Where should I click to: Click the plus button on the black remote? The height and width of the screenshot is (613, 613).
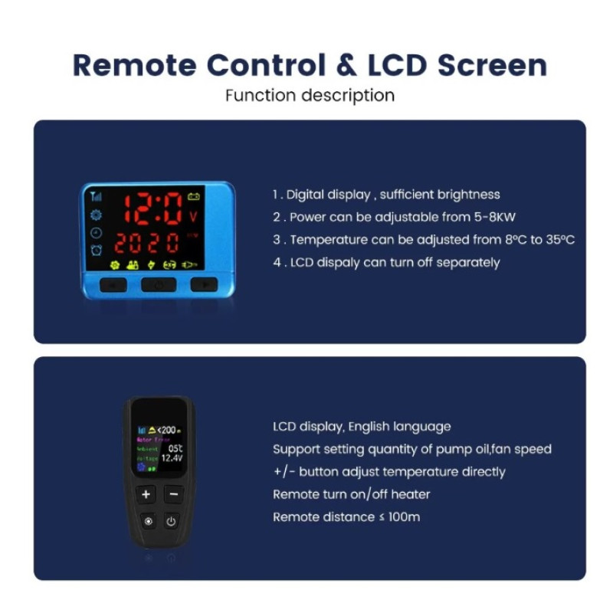tap(146, 494)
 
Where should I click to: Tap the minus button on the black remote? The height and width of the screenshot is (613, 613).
tap(173, 494)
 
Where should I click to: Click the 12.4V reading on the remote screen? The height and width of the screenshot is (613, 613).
tap(171, 457)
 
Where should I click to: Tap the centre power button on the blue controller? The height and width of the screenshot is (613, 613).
tap(159, 284)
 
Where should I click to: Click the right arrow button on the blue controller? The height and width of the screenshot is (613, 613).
tap(204, 284)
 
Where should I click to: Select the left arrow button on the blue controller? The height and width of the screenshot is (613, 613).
tap(113, 284)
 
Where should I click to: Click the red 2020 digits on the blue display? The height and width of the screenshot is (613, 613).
tap(146, 244)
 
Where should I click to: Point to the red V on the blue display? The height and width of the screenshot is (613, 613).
tap(193, 217)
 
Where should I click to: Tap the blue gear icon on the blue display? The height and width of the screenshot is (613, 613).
tap(96, 215)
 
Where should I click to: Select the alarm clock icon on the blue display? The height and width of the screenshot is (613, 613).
tap(96, 251)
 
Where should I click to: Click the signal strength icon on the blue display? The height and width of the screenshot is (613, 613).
tap(96, 196)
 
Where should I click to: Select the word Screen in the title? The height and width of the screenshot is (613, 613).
tap(492, 65)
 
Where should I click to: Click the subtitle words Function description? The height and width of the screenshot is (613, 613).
tap(310, 96)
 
